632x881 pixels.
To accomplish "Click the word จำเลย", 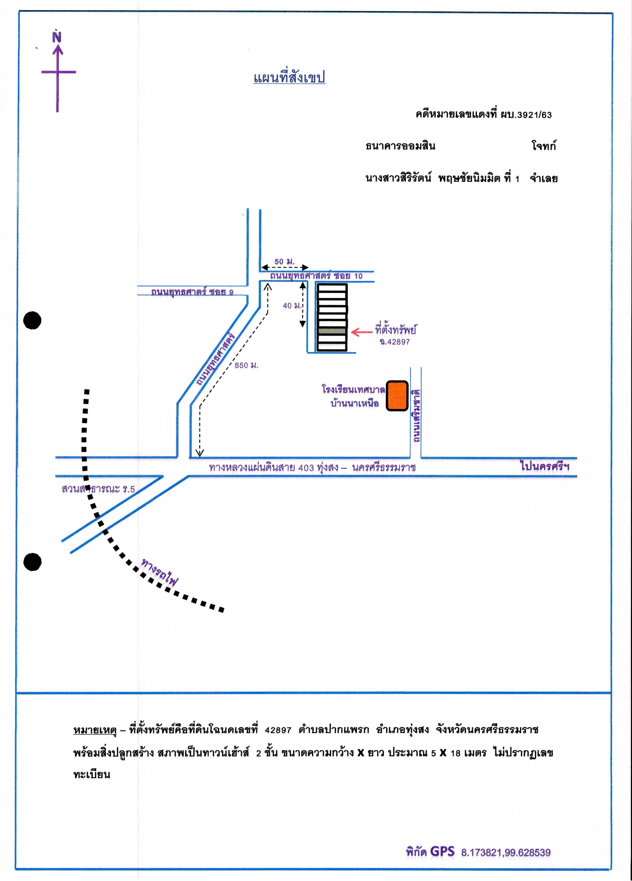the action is point(544,179).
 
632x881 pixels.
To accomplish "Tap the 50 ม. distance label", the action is point(285,262).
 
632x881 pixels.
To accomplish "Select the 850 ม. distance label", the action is point(246,365).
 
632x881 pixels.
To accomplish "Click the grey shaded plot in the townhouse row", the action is point(332,331).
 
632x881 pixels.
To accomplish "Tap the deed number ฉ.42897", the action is point(395,342).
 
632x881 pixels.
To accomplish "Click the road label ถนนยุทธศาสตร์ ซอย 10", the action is point(317,275).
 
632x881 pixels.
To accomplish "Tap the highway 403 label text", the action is point(312,467).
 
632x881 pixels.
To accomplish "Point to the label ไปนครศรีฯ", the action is point(545,466).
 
